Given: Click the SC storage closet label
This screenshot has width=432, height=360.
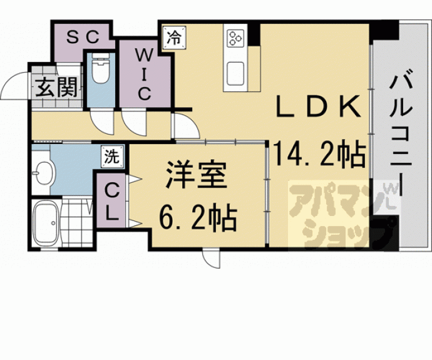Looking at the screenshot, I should pyautogui.click(x=82, y=37).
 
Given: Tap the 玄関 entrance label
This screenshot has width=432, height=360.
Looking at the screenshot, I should pyautogui.click(x=54, y=88).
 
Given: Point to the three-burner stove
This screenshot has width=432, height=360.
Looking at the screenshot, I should pyautogui.click(x=236, y=37).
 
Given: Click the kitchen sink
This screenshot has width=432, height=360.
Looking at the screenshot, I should pyautogui.click(x=236, y=74).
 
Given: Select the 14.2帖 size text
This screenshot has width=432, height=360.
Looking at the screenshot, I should pyautogui.click(x=319, y=154).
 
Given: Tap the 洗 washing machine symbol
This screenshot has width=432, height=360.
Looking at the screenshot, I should pyautogui.click(x=110, y=157).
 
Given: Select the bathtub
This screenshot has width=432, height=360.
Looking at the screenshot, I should pyautogui.click(x=45, y=224).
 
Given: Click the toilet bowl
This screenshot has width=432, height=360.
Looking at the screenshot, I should pyautogui.click(x=100, y=70).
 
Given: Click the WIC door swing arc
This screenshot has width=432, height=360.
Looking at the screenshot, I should pyautogui.click(x=133, y=123).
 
